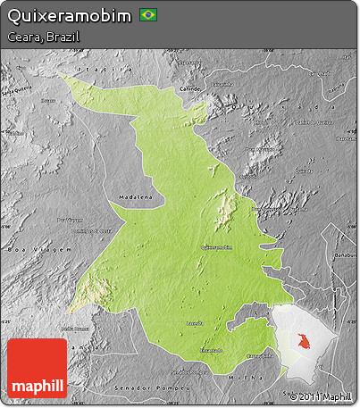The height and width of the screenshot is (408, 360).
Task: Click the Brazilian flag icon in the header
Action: (147, 16)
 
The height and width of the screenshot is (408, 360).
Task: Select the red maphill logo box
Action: (37, 368)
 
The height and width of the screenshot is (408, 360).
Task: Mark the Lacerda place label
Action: (195, 322)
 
